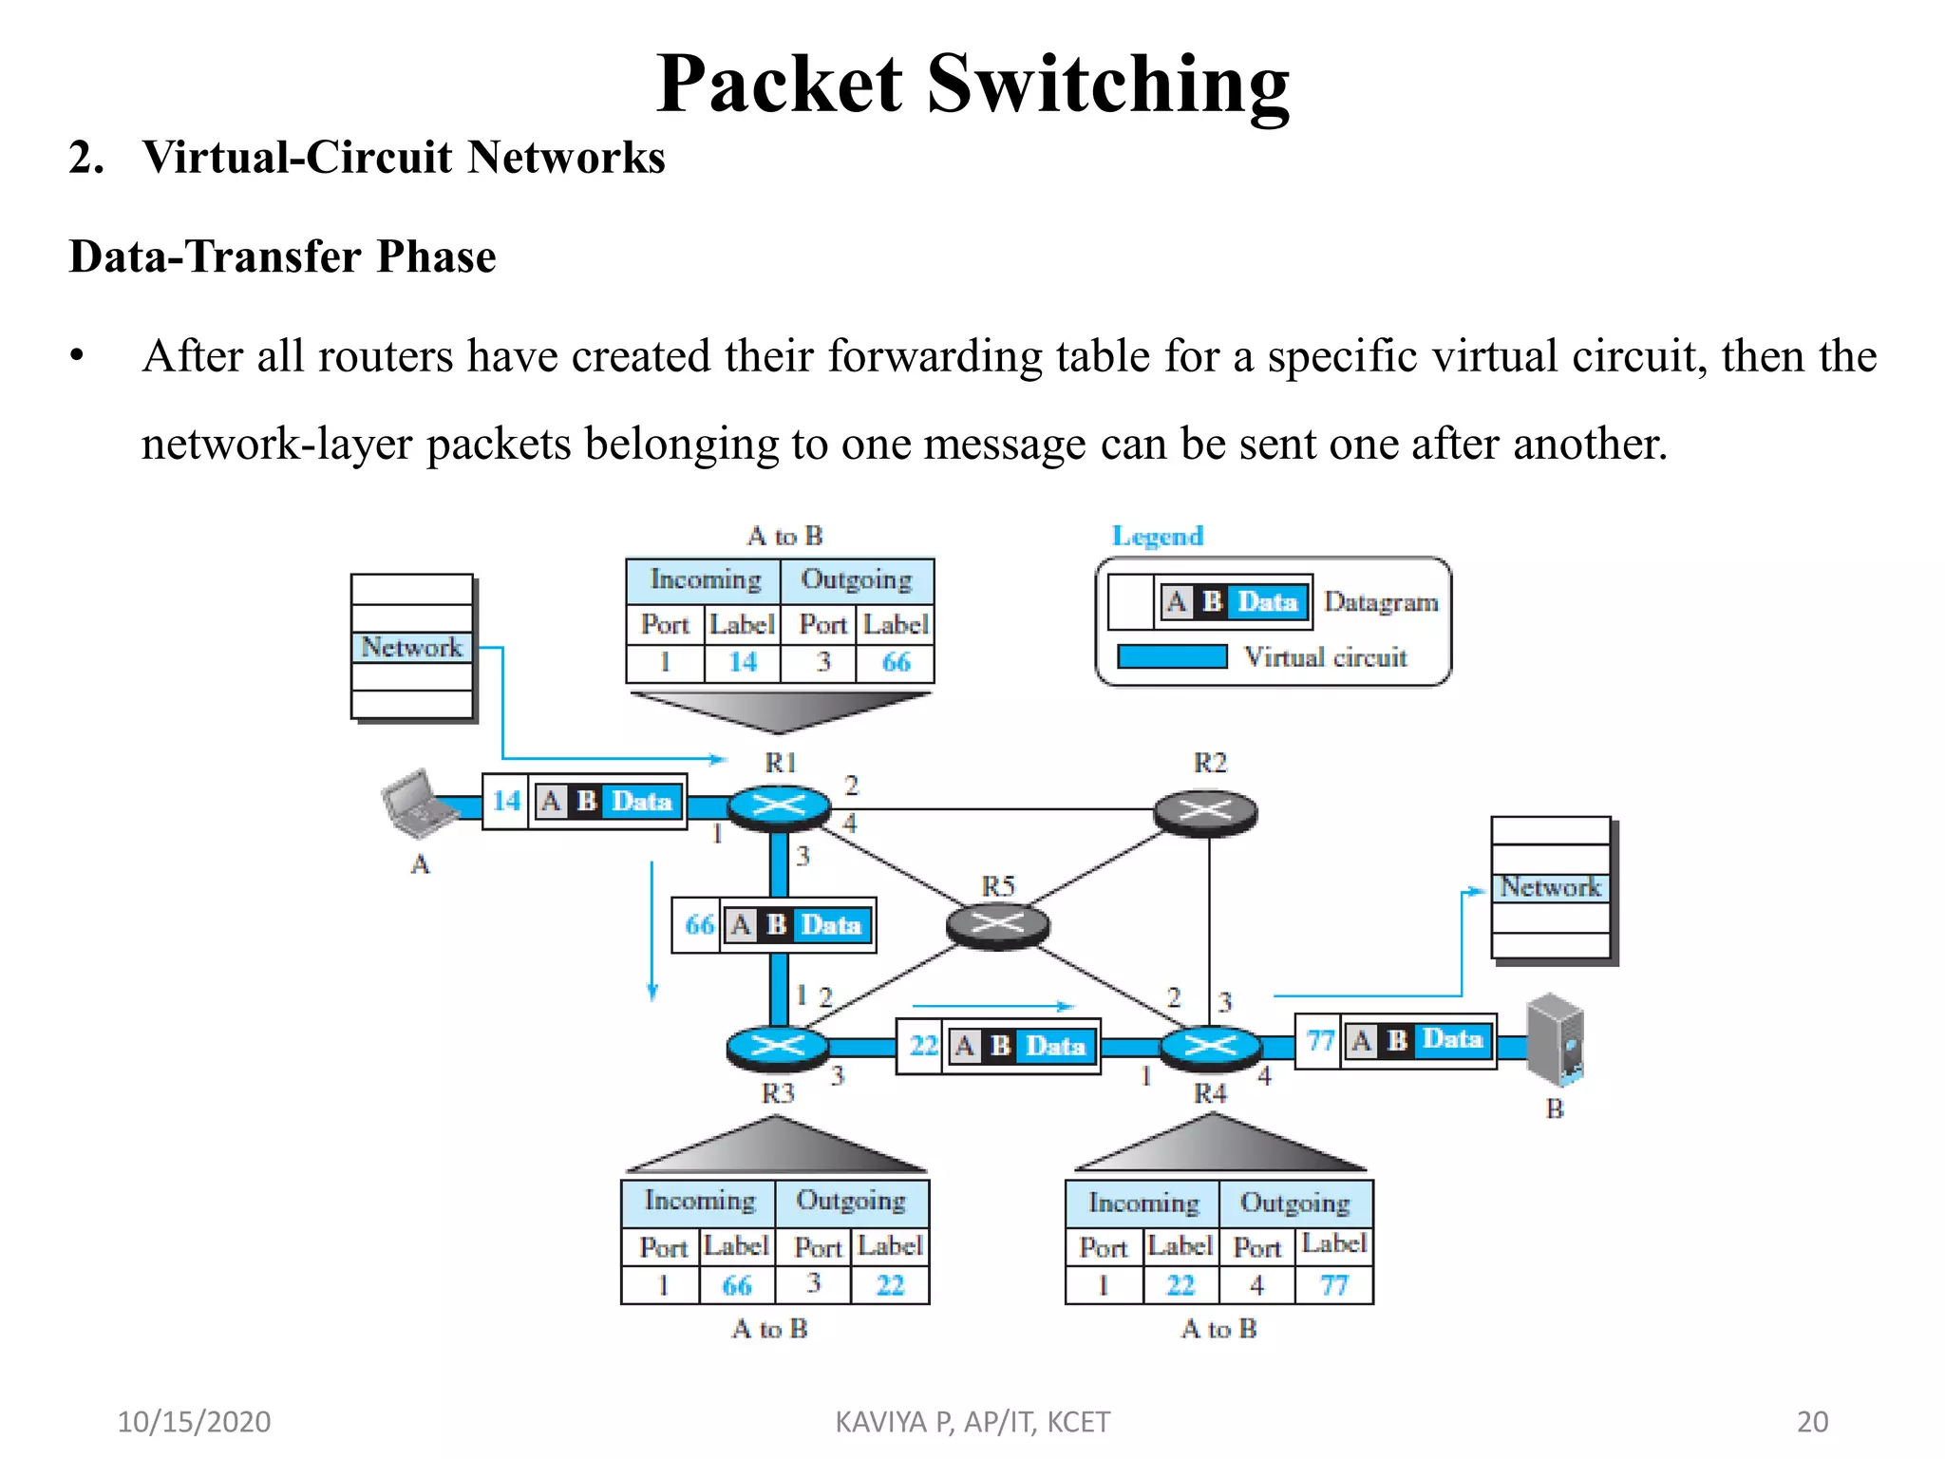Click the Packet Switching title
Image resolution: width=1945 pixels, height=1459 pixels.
pos(972,84)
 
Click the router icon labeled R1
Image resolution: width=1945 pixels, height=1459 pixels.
pos(779,807)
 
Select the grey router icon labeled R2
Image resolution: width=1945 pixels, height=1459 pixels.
pos(1205,812)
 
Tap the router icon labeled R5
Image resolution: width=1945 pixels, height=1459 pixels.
pos(997,923)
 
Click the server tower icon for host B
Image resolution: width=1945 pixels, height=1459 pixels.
pos(1555,1040)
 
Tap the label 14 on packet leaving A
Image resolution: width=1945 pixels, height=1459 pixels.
pos(505,802)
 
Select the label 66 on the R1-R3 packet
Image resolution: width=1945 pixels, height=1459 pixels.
pos(699,925)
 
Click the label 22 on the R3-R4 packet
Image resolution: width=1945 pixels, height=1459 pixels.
pos(922,1047)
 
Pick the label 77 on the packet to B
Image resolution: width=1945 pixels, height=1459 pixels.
pos(1320,1041)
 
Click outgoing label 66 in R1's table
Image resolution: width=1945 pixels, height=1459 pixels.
pos(896,662)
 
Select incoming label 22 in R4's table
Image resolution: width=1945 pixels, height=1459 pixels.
pos(1180,1286)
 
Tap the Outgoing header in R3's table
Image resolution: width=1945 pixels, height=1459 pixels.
pos(851,1202)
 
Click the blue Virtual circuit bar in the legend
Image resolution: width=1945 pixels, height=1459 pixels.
pos(1172,657)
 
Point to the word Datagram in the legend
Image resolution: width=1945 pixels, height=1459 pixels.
pos(1381,602)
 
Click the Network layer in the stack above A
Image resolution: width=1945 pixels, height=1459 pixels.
pos(411,648)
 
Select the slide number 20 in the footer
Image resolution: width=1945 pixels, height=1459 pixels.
pos(1812,1422)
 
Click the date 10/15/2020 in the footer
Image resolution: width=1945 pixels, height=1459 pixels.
pos(194,1422)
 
